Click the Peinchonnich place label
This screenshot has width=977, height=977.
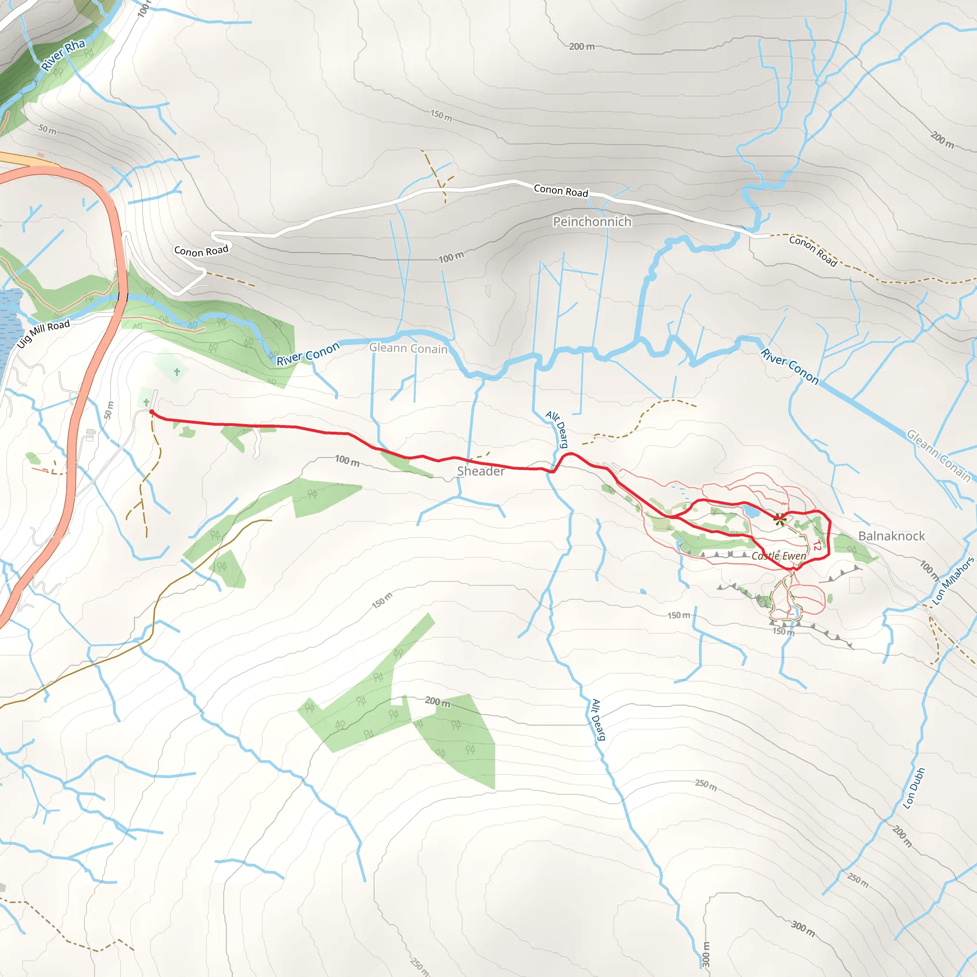592,221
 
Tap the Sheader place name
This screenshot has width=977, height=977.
480,471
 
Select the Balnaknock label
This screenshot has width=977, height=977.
892,536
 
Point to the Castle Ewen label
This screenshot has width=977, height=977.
779,556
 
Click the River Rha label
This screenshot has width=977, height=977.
63,54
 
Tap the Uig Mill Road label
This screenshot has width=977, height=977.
43,333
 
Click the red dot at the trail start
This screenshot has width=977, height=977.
152,412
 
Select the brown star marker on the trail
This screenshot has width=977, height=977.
780,519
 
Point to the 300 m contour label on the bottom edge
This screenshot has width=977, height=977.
707,954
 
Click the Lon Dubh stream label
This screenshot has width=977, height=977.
915,789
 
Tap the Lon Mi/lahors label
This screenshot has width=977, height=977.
953,581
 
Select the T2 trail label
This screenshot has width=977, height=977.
817,546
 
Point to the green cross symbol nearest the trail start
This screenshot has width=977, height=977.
146,403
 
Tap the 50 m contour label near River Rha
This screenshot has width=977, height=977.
48,129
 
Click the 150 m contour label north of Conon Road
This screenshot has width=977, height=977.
441,116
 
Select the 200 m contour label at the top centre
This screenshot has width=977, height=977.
582,47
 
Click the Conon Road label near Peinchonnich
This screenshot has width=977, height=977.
561,191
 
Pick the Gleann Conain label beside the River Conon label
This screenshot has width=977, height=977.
408,348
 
